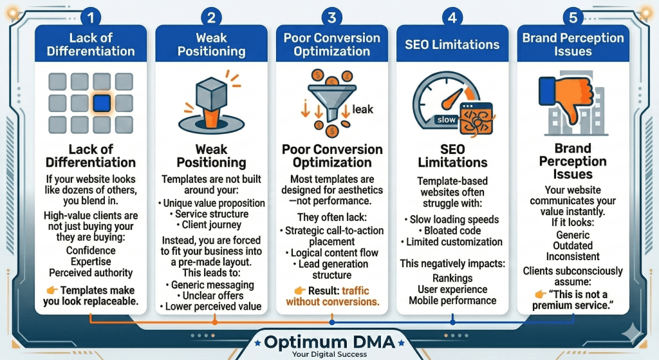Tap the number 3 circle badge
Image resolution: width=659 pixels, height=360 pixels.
coord(331,17)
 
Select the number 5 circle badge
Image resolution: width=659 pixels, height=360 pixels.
coord(572,17)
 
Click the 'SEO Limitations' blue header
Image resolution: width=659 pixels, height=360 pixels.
coord(452,44)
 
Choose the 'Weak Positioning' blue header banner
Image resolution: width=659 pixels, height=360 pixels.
coord(211,44)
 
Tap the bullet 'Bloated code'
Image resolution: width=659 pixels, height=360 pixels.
coord(453,231)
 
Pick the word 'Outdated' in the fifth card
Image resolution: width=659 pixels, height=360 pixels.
coord(573,246)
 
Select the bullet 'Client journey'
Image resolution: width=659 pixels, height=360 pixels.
coord(211,225)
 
